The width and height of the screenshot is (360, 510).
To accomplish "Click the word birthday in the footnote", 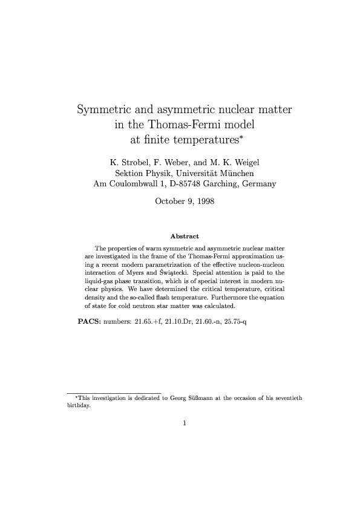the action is (78, 406).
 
